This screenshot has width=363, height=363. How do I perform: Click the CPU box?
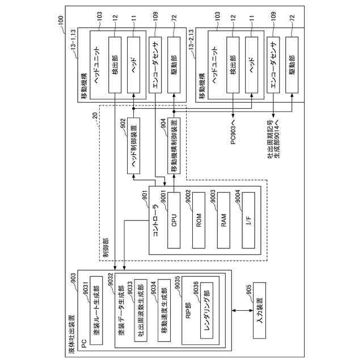tap(174, 220)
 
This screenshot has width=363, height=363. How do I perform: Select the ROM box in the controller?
tap(199, 220)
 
